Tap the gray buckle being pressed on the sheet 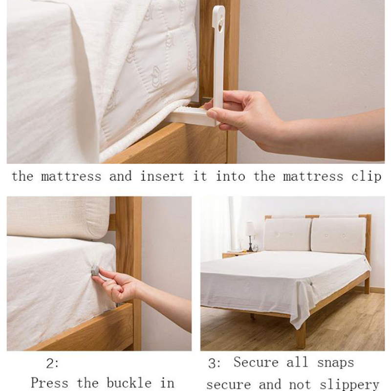[95, 271]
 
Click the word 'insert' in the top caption [162, 176]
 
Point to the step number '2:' [52, 364]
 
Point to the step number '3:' [215, 364]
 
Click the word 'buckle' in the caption [129, 383]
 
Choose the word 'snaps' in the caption [335, 363]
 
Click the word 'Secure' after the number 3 [256, 362]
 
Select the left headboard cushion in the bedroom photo [288, 234]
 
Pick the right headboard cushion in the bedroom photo [339, 236]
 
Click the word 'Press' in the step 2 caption [49, 383]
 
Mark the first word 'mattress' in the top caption [71, 176]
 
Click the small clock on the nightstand [255, 248]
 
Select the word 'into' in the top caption [230, 176]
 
